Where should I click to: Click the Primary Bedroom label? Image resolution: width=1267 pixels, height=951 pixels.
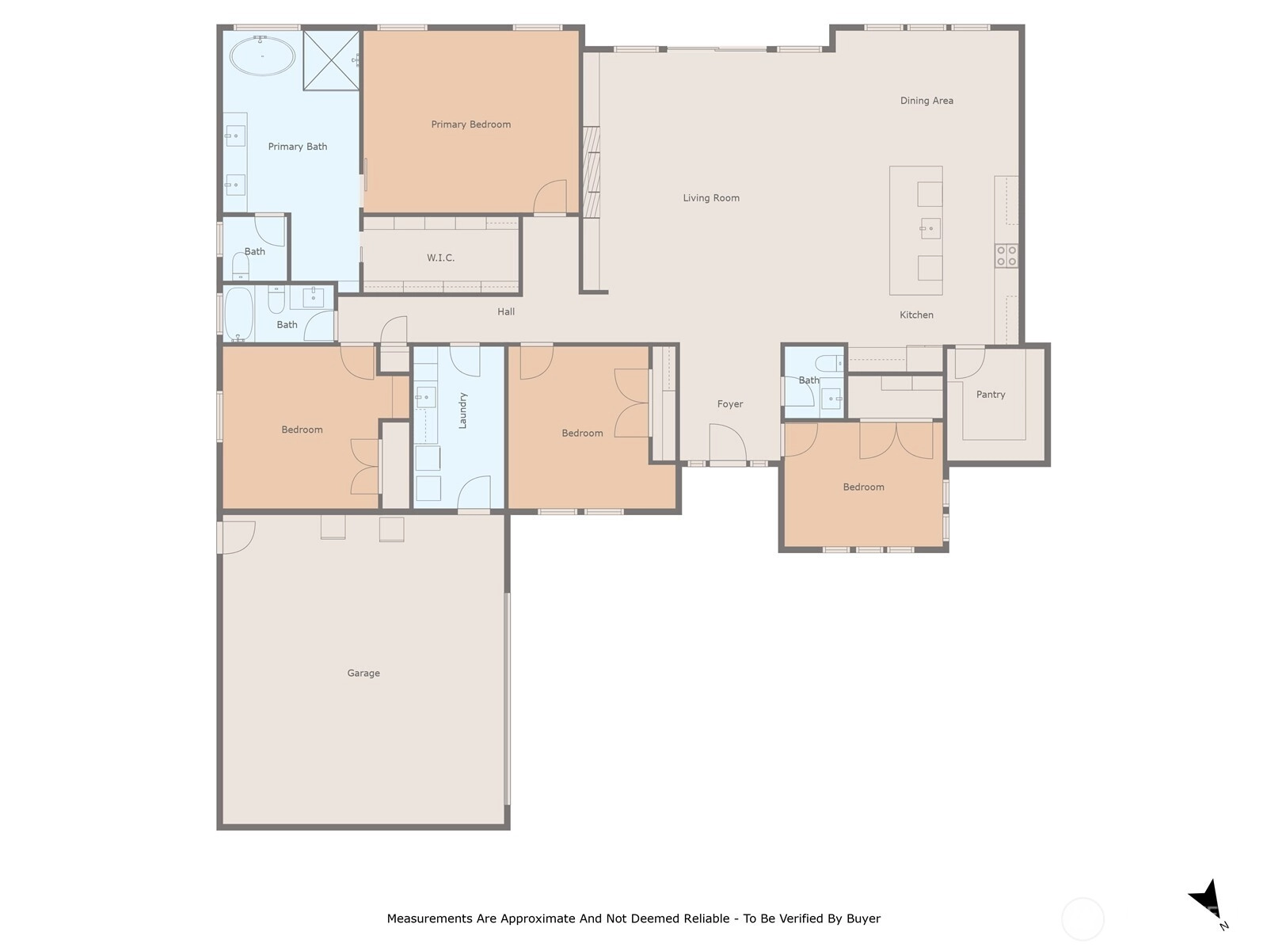point(470,124)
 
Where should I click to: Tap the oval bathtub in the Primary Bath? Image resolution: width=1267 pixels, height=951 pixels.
point(262,56)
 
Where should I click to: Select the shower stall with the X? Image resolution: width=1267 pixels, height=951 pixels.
point(331,60)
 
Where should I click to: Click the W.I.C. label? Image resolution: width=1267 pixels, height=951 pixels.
point(440,258)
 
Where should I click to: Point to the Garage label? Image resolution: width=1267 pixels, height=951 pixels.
point(363,673)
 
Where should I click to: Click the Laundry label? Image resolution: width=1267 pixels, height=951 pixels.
point(462,411)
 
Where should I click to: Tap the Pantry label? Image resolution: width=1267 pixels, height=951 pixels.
point(991,395)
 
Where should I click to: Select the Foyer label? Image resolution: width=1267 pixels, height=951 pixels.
point(729,403)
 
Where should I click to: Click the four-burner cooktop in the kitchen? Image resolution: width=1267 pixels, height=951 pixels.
point(1006,256)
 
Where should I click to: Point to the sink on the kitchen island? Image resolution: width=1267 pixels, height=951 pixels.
point(930,229)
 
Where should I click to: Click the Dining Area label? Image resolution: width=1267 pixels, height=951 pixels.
point(926,101)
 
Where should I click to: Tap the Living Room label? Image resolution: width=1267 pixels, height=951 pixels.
point(710,197)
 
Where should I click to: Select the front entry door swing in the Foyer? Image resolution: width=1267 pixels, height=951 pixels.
point(727,442)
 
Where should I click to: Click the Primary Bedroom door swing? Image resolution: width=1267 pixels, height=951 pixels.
point(550,197)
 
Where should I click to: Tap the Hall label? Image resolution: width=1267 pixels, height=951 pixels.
point(506,311)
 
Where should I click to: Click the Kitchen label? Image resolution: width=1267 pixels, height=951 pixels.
point(916,315)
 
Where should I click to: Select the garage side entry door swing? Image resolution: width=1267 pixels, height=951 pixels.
point(238,537)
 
